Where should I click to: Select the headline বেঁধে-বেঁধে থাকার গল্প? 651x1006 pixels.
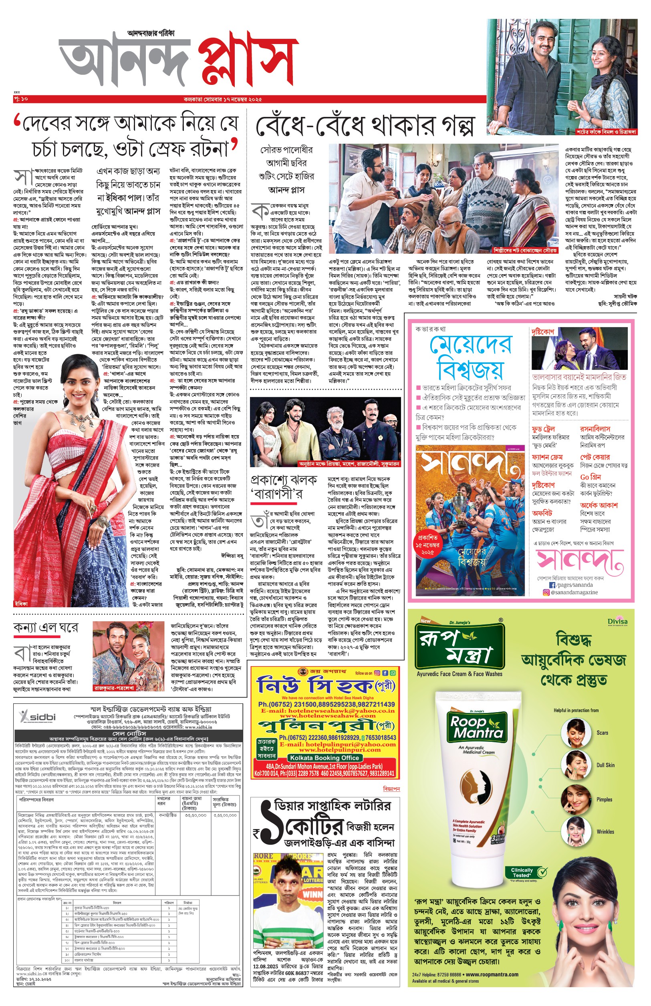[365, 126]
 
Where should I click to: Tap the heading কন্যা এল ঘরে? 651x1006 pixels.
[46, 628]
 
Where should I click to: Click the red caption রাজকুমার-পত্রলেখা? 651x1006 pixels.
[114, 688]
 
